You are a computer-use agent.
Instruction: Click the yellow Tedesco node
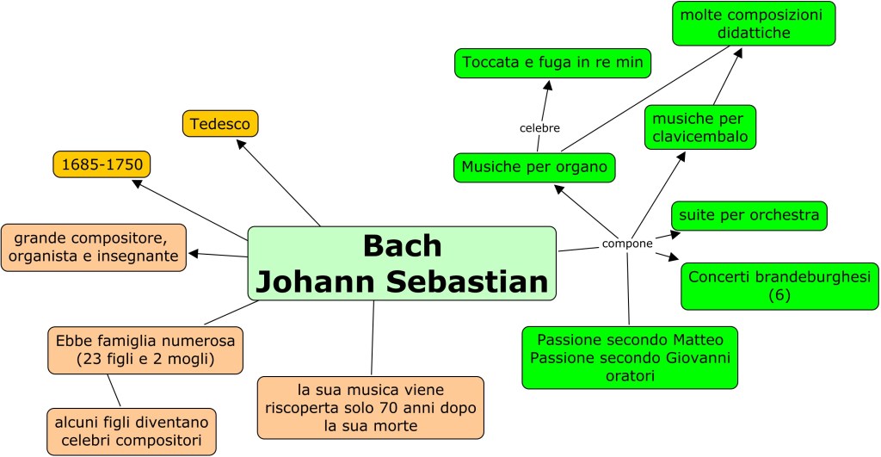[220, 124]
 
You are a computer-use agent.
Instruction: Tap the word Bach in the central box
[402, 245]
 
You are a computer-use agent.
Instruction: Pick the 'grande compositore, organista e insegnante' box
[94, 247]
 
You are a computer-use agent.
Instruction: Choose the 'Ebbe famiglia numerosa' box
[145, 349]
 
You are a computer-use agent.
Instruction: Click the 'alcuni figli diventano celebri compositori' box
[130, 432]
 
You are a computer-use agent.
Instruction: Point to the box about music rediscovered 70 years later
[370, 406]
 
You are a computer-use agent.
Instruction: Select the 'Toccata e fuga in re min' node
[553, 63]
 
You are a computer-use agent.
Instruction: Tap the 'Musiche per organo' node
[534, 167]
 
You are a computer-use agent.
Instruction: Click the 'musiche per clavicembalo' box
[699, 127]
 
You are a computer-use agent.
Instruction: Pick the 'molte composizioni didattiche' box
[753, 24]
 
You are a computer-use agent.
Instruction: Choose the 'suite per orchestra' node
[749, 215]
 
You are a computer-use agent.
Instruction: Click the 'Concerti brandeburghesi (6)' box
[779, 287]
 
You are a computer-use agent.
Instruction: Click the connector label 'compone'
[627, 244]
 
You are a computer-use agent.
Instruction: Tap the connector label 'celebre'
[539, 128]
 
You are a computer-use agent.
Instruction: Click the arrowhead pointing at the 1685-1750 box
[138, 182]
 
